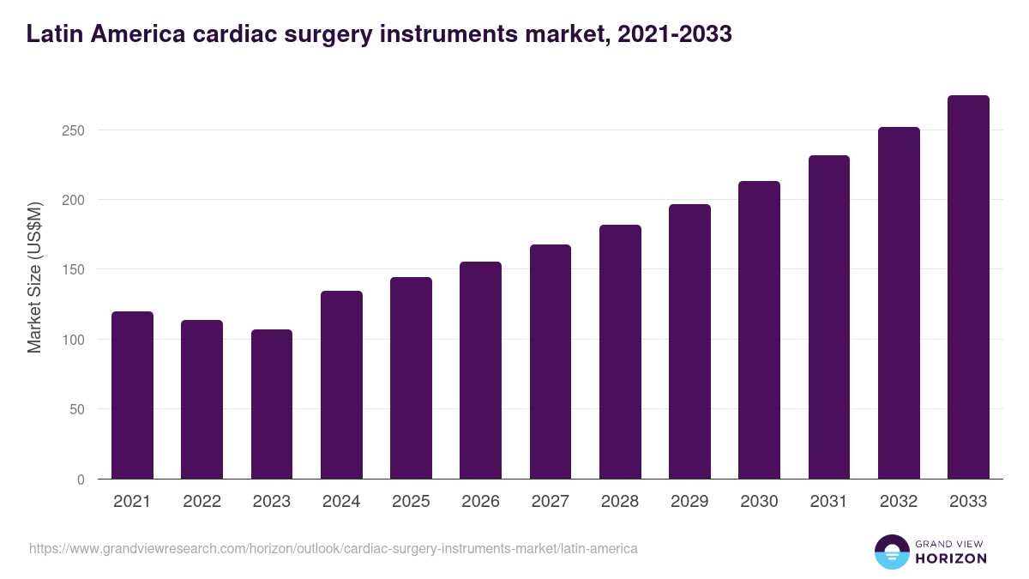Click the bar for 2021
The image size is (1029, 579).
[132, 395]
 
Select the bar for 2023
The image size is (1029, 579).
[272, 404]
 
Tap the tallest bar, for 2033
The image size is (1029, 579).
[968, 287]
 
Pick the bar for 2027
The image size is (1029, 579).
[551, 362]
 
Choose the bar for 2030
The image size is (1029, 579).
[759, 330]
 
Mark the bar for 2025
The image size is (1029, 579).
[411, 378]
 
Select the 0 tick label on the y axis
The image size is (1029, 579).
[81, 479]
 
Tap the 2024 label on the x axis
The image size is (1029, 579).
[341, 502]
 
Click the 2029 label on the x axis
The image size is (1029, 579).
[689, 502]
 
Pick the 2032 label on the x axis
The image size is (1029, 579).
[899, 502]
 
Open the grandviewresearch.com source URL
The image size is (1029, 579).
[334, 548]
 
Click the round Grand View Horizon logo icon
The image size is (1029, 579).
[891, 552]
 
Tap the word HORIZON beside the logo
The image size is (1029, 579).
[951, 558]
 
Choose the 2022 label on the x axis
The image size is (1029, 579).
[202, 502]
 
